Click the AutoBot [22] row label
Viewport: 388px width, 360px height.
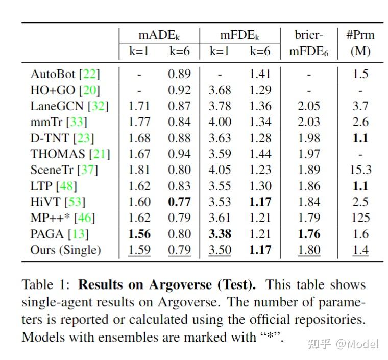pyautogui.click(x=65, y=74)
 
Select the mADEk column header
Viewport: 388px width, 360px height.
pyautogui.click(x=159, y=35)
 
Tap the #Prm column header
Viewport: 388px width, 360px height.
pyautogui.click(x=360, y=35)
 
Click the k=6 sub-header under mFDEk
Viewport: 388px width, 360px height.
pyautogui.click(x=260, y=51)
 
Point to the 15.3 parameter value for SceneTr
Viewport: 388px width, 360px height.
pyautogui.click(x=360, y=170)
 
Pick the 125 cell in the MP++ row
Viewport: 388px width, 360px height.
pyautogui.click(x=360, y=218)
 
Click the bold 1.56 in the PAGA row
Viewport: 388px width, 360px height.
pyautogui.click(x=139, y=234)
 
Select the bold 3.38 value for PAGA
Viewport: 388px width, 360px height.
pyautogui.click(x=220, y=234)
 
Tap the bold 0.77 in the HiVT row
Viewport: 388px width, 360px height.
pyautogui.click(x=179, y=202)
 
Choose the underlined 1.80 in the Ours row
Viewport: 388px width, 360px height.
pyautogui.click(x=308, y=250)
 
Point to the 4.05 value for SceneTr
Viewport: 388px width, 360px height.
pyautogui.click(x=220, y=170)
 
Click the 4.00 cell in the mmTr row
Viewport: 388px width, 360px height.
pyautogui.click(x=220, y=122)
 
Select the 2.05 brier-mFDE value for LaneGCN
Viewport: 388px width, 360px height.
pyautogui.click(x=308, y=106)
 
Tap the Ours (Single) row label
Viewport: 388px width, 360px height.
pyautogui.click(x=66, y=250)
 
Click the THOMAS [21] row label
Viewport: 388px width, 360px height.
pyautogui.click(x=70, y=154)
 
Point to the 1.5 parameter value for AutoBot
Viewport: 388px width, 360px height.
pyautogui.click(x=360, y=74)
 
